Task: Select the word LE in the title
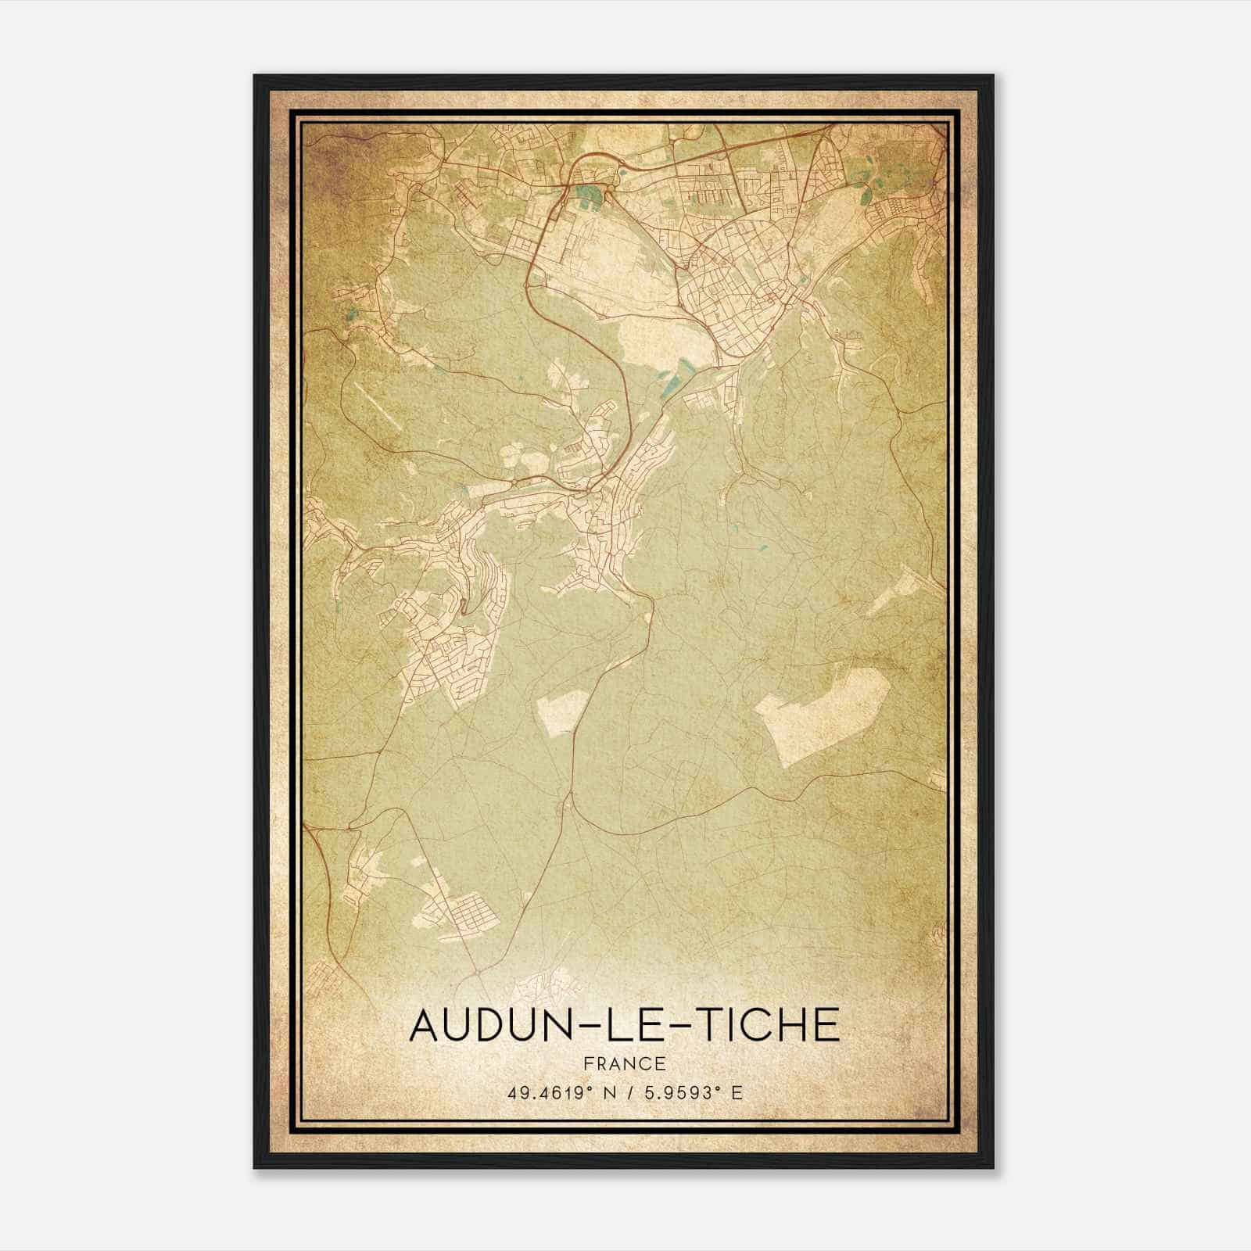pos(625,1025)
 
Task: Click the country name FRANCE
pos(624,1063)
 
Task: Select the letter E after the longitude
pos(735,1093)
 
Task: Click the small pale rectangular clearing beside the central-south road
pos(561,712)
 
